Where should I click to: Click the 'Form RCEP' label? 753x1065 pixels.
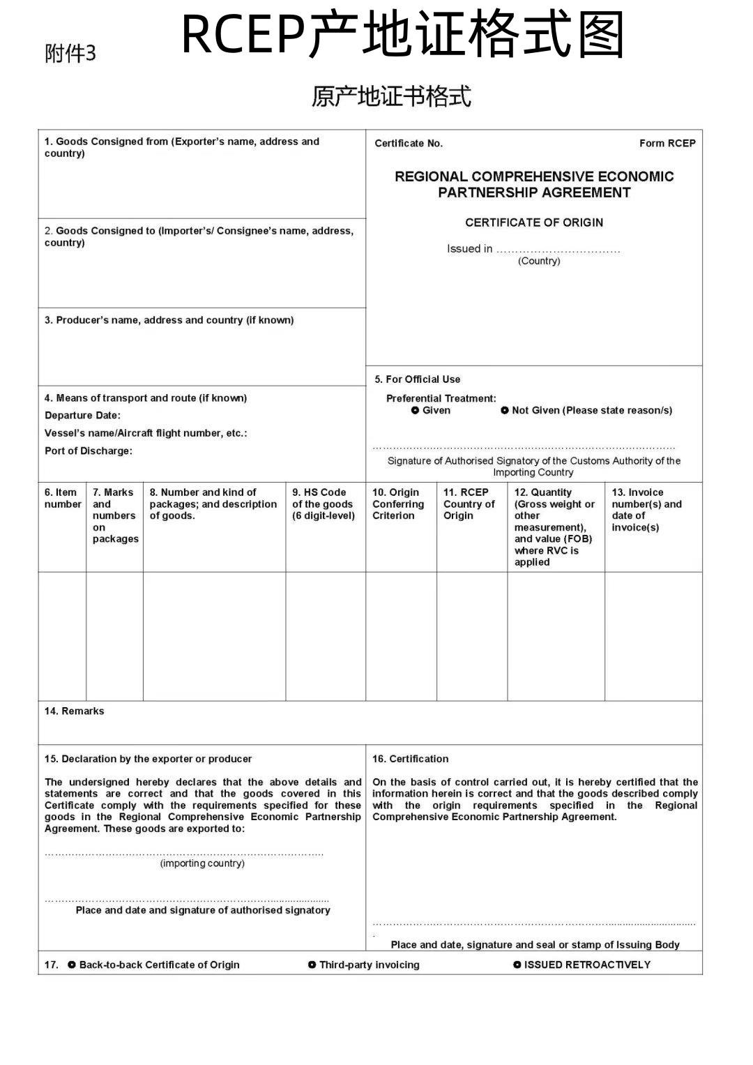point(667,143)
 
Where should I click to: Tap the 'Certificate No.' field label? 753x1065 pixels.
point(409,143)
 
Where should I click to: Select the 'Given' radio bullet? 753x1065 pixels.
point(416,410)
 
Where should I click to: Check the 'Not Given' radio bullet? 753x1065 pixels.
point(505,410)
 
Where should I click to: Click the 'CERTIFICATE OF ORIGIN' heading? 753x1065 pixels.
point(534,222)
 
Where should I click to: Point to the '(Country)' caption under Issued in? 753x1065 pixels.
point(538,261)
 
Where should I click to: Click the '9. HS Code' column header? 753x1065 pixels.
point(324,504)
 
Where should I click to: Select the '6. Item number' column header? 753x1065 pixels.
point(62,498)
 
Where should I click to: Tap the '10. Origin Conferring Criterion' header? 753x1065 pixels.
point(398,504)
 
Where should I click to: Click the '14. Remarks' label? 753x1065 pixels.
point(74,711)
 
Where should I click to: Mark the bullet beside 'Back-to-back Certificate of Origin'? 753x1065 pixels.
point(72,965)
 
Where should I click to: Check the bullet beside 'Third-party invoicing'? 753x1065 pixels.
point(312,965)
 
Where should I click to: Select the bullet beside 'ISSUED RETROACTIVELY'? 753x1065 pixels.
point(517,965)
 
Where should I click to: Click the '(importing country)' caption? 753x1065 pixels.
point(202,863)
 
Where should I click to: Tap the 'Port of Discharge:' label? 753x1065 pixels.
point(89,451)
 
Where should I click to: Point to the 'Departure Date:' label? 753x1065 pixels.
point(82,415)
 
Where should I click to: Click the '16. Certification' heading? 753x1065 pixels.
point(410,759)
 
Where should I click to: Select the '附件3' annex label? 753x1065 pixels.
point(70,54)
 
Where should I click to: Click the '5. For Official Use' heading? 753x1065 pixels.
point(418,379)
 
